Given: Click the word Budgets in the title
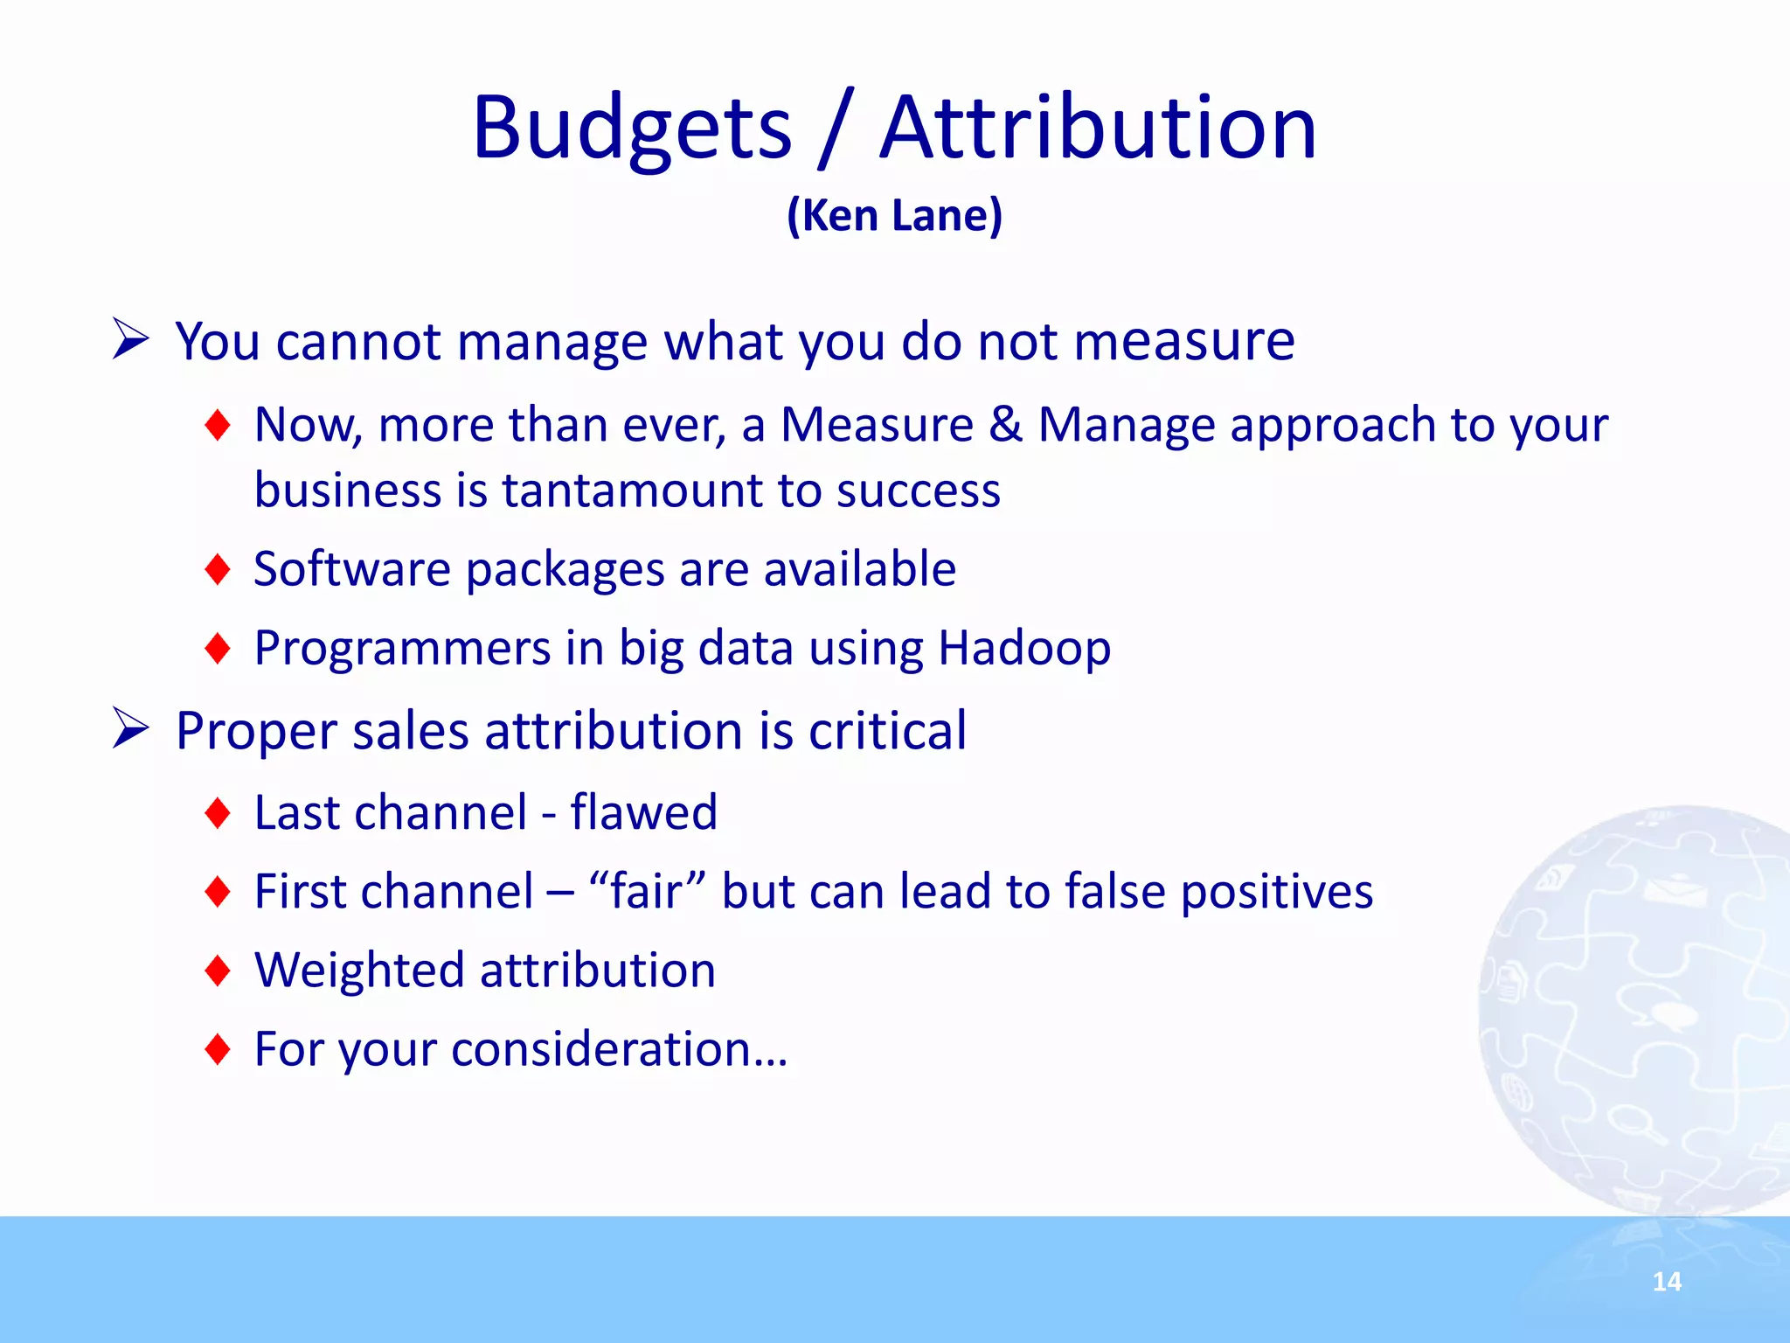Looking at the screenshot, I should point(631,129).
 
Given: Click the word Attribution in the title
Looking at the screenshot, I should point(1097,129).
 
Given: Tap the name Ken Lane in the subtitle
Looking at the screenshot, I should point(894,215).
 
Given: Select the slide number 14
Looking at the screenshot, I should point(1667,1282).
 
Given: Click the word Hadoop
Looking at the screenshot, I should point(1023,648).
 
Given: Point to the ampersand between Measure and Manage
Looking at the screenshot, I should point(1005,425).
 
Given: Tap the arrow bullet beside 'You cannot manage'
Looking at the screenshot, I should point(131,339).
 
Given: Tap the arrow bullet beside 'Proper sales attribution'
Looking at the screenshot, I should point(131,729).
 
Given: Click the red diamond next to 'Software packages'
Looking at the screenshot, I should point(217,570).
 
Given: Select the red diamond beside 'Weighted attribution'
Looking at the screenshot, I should point(217,971).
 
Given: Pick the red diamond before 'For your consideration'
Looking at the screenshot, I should point(217,1049).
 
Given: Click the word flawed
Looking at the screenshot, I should point(643,812).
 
